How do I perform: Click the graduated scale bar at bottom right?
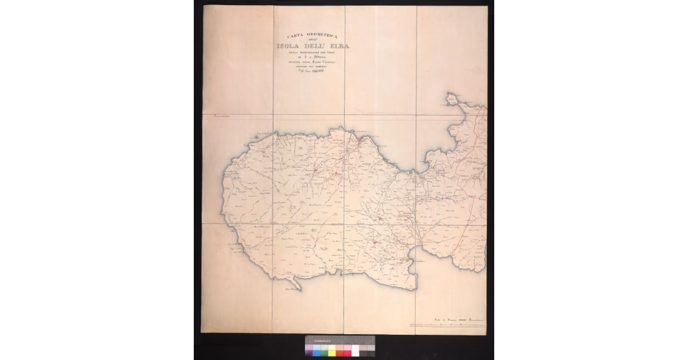point(448,326)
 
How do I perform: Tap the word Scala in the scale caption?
point(437,319)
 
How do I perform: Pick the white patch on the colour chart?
point(355,351)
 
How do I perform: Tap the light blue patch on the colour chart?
point(317,347)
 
